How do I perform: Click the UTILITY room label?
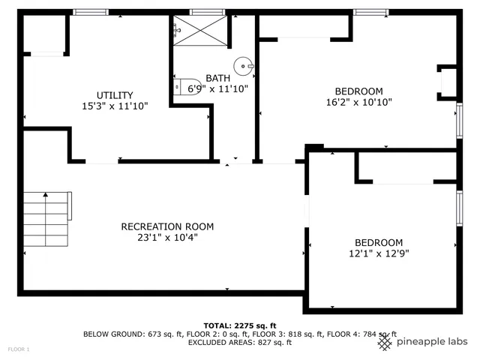(115, 95)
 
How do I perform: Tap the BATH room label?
(218, 78)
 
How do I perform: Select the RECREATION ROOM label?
(167, 226)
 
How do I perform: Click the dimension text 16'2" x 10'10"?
(358, 102)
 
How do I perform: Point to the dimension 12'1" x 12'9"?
(378, 253)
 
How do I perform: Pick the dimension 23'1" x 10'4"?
(167, 237)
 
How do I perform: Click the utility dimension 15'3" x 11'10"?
(115, 106)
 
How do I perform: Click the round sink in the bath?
(244, 66)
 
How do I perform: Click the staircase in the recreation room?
(46, 220)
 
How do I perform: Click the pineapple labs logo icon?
(385, 342)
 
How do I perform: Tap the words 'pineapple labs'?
(432, 342)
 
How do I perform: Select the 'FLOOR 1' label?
(19, 349)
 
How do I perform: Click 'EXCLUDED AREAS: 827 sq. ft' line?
(239, 343)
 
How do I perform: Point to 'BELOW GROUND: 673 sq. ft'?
(132, 334)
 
